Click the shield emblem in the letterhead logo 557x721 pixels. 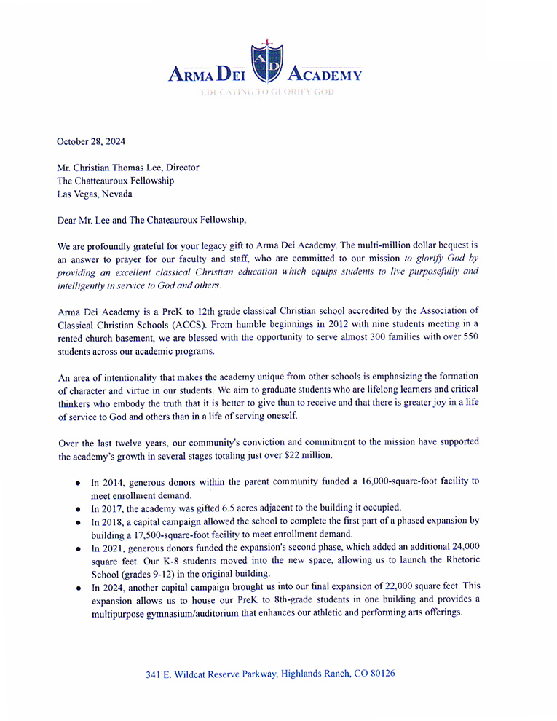(x=267, y=64)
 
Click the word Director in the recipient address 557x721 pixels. (x=183, y=168)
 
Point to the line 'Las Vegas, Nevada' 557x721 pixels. (x=95, y=194)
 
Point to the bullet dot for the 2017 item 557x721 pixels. (x=78, y=508)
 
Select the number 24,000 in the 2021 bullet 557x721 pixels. (x=457, y=546)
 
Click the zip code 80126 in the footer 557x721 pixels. (x=381, y=674)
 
